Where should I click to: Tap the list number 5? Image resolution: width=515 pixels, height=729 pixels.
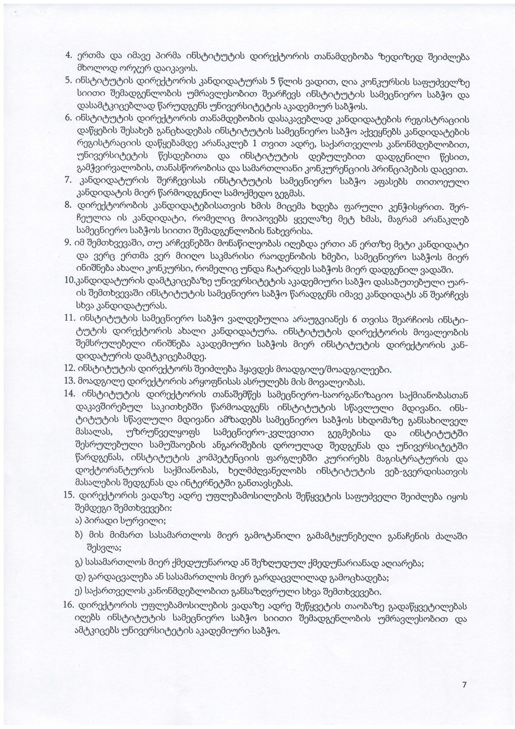68,80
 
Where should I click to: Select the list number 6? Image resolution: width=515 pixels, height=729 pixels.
68,118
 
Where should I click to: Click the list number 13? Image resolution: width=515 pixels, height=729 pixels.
69,381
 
